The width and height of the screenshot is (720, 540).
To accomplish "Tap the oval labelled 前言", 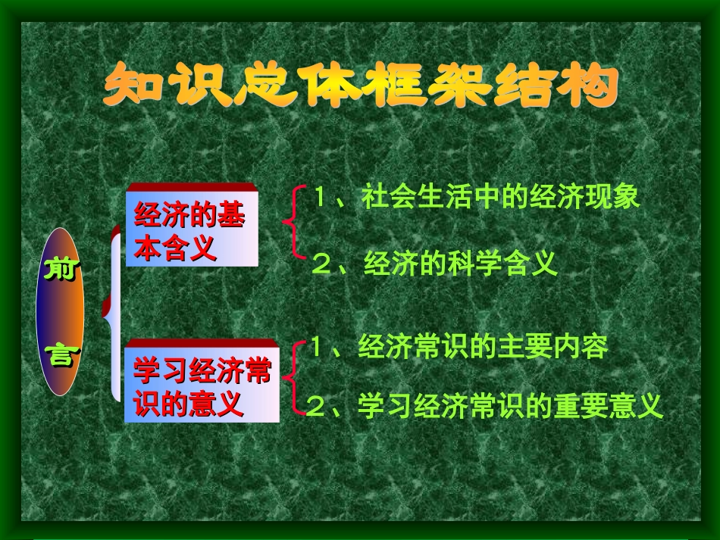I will pyautogui.click(x=60, y=311).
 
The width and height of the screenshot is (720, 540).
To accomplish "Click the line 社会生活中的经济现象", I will pyautogui.click(x=477, y=198).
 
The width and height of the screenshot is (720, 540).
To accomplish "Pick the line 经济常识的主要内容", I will pyautogui.click(x=459, y=347).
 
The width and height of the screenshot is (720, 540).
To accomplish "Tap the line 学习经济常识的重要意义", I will pyautogui.click(x=486, y=407).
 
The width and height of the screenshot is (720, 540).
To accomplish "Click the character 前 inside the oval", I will pyautogui.click(x=60, y=269).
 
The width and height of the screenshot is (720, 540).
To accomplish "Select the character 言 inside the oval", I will pyautogui.click(x=60, y=354).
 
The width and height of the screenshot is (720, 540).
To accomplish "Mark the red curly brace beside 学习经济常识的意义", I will pyautogui.click(x=294, y=377).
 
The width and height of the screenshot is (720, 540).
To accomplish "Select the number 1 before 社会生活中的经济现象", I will pyautogui.click(x=321, y=198).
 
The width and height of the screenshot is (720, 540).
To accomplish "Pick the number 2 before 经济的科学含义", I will pyautogui.click(x=322, y=264).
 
